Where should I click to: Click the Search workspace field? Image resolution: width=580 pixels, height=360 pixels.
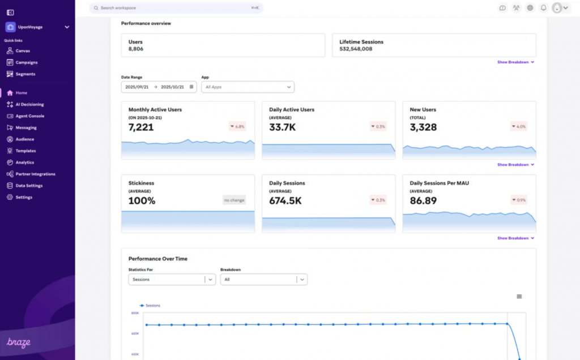click(170, 8)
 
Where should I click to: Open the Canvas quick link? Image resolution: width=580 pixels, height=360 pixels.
click(23, 51)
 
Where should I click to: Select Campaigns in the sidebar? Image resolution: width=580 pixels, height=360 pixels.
click(26, 62)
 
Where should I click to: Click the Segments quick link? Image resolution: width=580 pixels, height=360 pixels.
click(25, 74)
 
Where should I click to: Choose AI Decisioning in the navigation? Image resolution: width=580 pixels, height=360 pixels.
click(29, 104)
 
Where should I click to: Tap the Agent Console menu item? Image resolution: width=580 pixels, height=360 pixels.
click(29, 116)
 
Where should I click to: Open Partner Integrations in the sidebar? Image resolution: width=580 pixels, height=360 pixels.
click(35, 174)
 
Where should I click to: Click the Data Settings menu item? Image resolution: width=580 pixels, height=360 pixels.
click(29, 186)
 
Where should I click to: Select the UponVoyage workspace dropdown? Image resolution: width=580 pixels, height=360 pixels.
click(37, 27)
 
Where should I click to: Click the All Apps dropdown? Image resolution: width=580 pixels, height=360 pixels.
click(248, 87)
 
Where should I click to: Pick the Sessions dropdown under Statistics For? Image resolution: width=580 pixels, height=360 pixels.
click(172, 280)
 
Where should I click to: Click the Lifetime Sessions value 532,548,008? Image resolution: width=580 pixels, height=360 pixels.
click(356, 49)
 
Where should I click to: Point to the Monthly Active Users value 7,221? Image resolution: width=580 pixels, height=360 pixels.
click(141, 127)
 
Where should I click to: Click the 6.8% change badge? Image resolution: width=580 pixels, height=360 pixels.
click(237, 126)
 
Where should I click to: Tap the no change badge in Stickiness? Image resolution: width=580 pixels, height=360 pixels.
click(234, 200)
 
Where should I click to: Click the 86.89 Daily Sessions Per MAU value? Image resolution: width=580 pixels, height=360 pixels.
click(423, 201)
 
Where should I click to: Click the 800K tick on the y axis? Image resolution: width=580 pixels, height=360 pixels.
click(135, 313)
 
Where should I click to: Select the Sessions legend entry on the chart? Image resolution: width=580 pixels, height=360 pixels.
click(150, 306)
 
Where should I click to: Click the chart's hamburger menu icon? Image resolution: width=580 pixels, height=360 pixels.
click(519, 297)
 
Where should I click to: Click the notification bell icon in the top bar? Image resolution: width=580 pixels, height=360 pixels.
click(543, 8)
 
